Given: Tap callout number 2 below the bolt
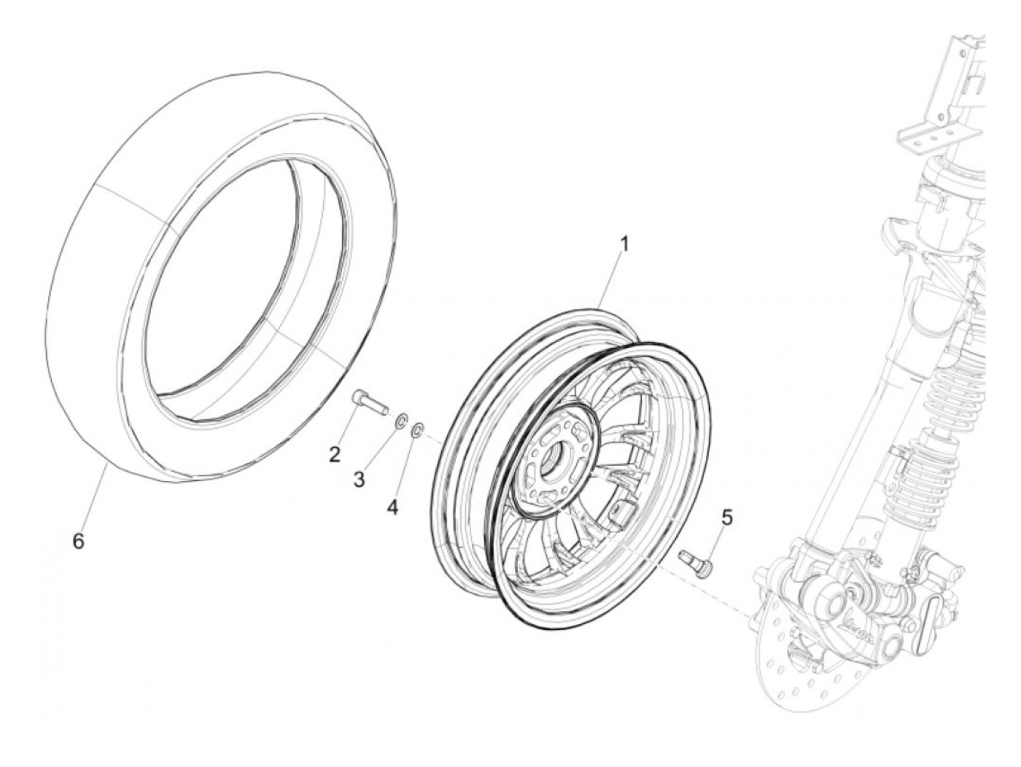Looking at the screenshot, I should point(335,455).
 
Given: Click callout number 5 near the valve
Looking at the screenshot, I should point(726,518).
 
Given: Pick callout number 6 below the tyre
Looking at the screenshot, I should point(79,541).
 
